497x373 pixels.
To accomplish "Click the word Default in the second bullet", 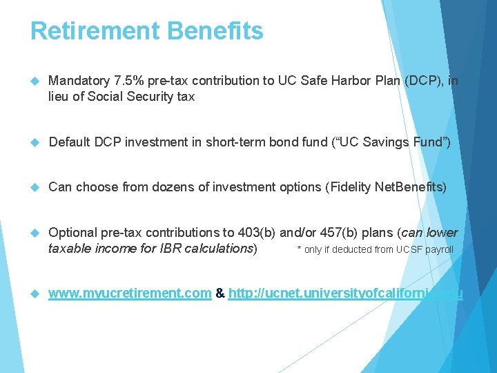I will click(69, 142).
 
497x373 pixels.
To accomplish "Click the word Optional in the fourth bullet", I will click(72, 233).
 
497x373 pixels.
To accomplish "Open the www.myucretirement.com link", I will click(130, 294).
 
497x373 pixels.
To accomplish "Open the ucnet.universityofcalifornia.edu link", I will click(345, 294).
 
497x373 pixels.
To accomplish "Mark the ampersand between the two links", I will click(220, 294).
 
